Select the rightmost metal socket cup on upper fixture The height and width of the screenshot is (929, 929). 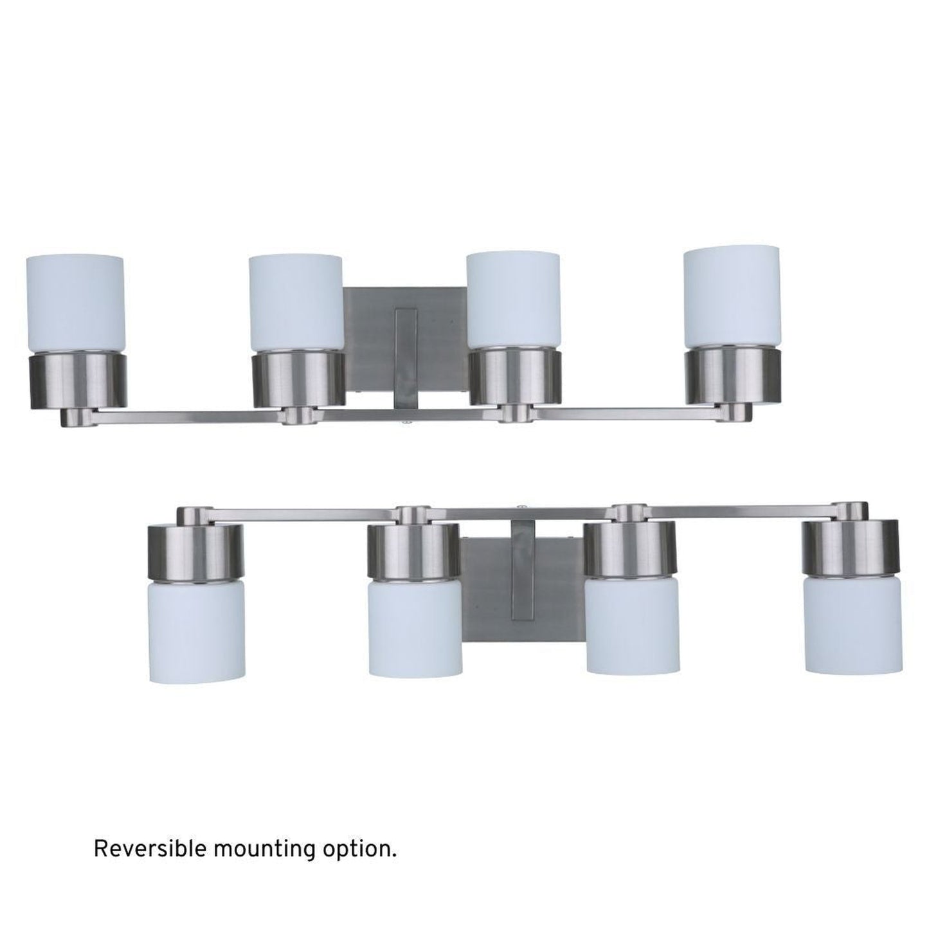pyautogui.click(x=733, y=377)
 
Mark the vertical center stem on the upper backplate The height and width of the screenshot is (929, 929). pyautogui.click(x=406, y=357)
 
